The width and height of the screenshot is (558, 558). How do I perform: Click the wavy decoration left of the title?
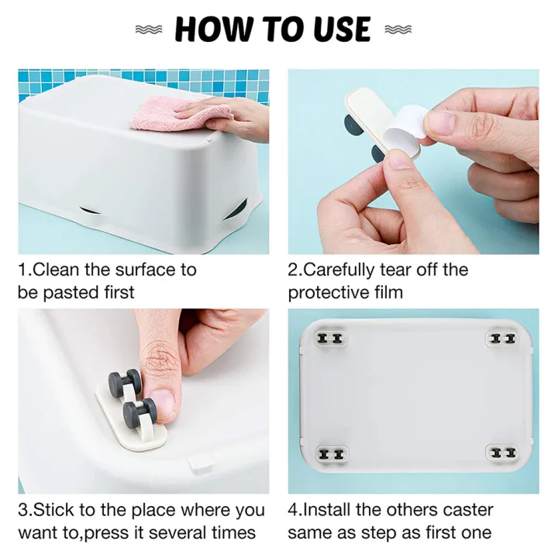149,30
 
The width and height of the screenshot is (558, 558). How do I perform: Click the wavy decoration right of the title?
398,30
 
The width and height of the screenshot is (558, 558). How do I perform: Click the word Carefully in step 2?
339,270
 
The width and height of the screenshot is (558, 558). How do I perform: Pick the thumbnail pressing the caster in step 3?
163,403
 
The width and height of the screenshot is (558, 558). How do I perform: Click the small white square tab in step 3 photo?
201,464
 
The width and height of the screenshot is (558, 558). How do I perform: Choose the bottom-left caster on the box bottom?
332,453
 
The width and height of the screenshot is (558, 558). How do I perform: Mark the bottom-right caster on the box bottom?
501,453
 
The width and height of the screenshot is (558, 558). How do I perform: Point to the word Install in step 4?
327,510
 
